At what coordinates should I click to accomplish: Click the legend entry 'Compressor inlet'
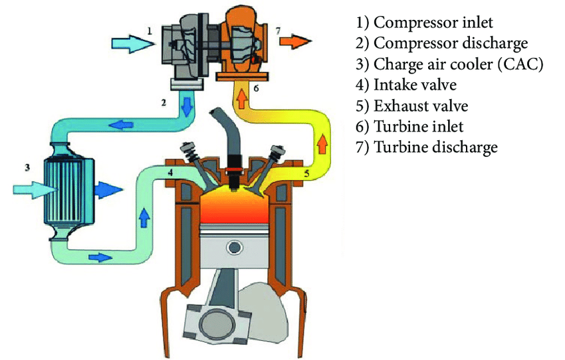(425, 23)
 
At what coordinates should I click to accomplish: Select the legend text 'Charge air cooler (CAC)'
(450, 64)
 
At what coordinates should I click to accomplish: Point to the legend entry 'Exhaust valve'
(413, 106)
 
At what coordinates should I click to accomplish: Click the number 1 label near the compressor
(150, 30)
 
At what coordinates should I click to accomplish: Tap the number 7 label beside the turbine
(278, 31)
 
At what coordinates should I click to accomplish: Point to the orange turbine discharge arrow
(296, 42)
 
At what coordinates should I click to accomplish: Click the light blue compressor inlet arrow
(131, 44)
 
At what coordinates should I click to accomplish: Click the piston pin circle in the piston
(234, 247)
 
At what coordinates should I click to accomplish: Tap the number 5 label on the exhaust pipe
(307, 175)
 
